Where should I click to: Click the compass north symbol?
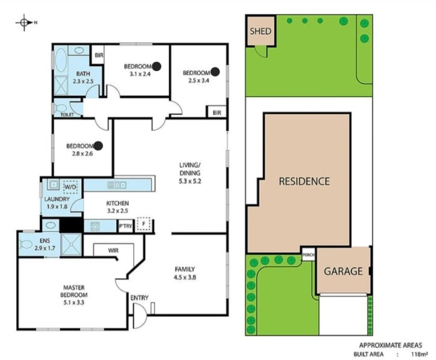(x=24, y=23)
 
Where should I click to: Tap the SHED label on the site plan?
(x=260, y=31)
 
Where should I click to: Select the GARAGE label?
(x=343, y=272)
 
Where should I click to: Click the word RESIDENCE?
(x=304, y=182)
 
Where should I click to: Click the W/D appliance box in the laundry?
(x=70, y=187)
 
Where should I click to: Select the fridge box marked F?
(x=143, y=225)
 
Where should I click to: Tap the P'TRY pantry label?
(x=125, y=226)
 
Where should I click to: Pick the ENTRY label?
(x=140, y=298)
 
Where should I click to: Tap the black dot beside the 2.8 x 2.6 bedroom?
(x=98, y=145)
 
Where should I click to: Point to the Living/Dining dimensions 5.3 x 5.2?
(x=189, y=181)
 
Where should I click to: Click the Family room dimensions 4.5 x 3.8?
(x=185, y=277)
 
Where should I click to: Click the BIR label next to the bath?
(x=98, y=55)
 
